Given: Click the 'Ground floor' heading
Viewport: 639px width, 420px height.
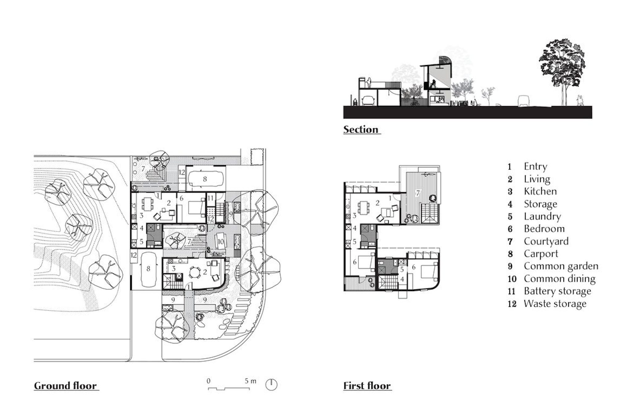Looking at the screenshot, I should click(x=65, y=386).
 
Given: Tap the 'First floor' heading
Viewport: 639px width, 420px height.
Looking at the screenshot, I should click(x=367, y=386).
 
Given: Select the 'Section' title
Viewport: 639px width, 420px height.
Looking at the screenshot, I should click(x=361, y=129).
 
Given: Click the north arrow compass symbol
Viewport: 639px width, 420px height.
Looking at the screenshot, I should click(x=271, y=385).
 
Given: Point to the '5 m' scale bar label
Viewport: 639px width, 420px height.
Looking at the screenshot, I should click(x=250, y=381).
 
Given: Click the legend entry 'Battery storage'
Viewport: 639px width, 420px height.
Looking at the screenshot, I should click(x=557, y=291).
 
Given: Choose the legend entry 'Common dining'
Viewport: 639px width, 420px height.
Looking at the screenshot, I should click(x=559, y=279).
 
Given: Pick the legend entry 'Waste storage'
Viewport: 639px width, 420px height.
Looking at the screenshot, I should click(x=555, y=304).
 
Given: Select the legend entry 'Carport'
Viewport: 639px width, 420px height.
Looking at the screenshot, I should click(x=541, y=254).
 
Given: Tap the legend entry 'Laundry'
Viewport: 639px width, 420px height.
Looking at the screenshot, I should click(x=542, y=216).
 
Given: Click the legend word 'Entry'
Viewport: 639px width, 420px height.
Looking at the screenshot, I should click(x=535, y=167).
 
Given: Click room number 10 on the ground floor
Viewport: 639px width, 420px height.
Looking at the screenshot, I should click(x=220, y=241).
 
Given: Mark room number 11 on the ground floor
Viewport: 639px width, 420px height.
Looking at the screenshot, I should click(x=211, y=198).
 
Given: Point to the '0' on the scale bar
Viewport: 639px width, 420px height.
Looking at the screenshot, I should click(x=209, y=381).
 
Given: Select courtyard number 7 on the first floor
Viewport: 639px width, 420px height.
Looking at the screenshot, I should click(x=418, y=193).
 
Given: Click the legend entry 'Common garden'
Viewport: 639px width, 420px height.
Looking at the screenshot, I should click(x=561, y=266).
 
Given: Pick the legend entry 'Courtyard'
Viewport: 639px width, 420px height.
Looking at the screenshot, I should click(x=546, y=241).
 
